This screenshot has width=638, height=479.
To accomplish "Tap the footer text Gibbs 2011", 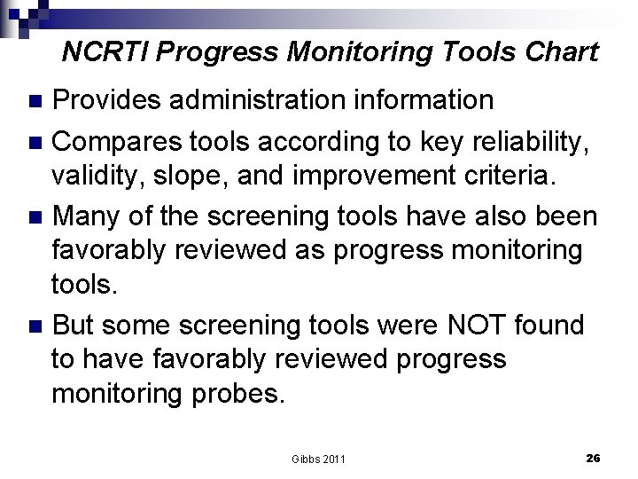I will click(x=318, y=459).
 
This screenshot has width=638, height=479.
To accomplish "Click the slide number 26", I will click(x=593, y=458).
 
